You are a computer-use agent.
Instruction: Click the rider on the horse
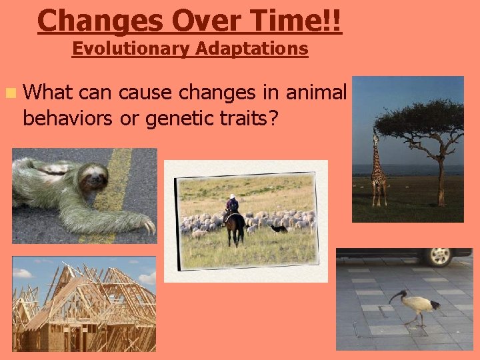coord(231,204)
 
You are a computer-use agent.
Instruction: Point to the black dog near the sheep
coord(279,228)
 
